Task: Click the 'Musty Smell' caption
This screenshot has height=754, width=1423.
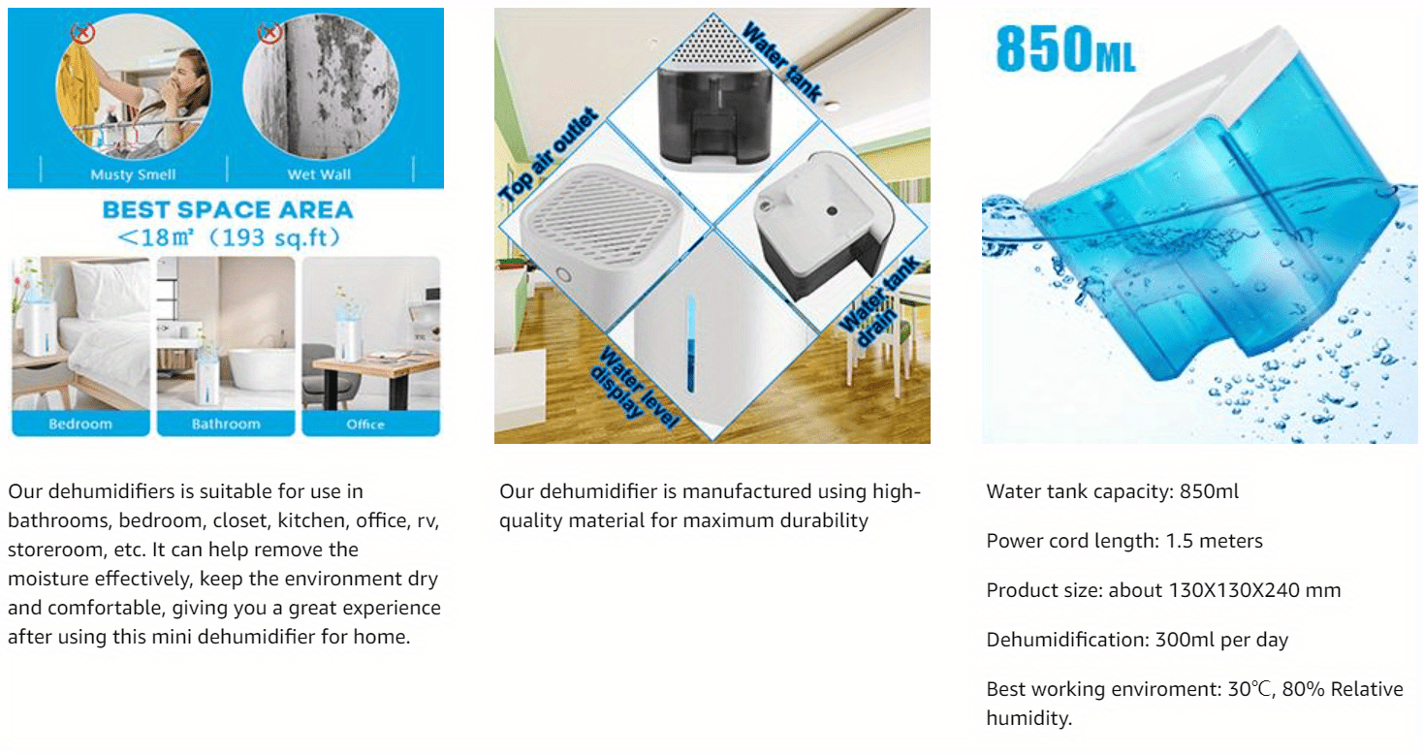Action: coord(133,174)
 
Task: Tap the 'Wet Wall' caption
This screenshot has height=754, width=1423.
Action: coord(319,174)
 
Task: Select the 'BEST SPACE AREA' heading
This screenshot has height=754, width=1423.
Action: coord(228,209)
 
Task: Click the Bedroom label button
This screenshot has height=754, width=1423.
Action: coord(80,424)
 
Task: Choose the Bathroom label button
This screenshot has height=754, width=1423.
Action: coord(226,424)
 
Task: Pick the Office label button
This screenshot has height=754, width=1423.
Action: coord(371,424)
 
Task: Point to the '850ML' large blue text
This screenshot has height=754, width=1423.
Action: coord(1065,48)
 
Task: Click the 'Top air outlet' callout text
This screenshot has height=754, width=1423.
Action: coord(549,156)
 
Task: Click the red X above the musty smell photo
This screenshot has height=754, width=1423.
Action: coord(82,32)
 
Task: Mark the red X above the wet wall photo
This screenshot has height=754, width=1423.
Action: coord(270,32)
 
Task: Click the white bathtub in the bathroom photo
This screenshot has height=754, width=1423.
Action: coord(261,369)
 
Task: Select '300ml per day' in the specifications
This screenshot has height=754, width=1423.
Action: coord(1221,639)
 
